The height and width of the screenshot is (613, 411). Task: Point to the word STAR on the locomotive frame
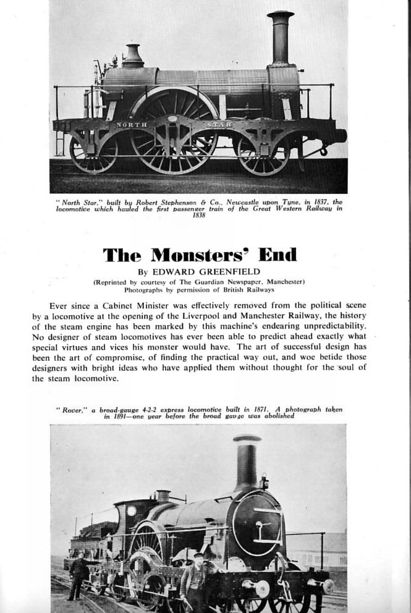pyautogui.click(x=222, y=125)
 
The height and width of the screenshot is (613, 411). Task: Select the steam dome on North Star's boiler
pyautogui.click(x=132, y=57)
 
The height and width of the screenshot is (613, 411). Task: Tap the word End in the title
pyautogui.click(x=278, y=255)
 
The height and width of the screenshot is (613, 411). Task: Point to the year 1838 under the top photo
pyautogui.click(x=198, y=216)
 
